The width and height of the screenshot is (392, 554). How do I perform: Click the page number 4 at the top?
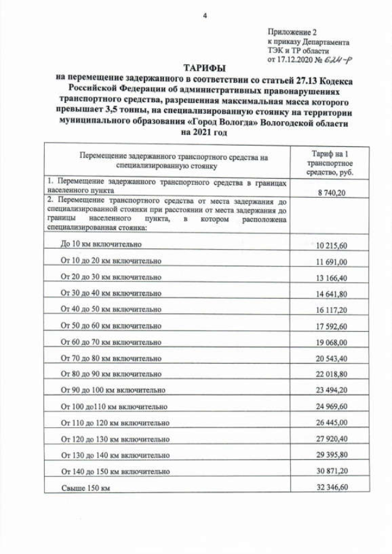tap(205, 17)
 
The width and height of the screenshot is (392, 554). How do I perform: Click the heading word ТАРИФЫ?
tap(203, 67)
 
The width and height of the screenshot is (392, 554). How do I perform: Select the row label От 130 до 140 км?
tap(115, 455)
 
